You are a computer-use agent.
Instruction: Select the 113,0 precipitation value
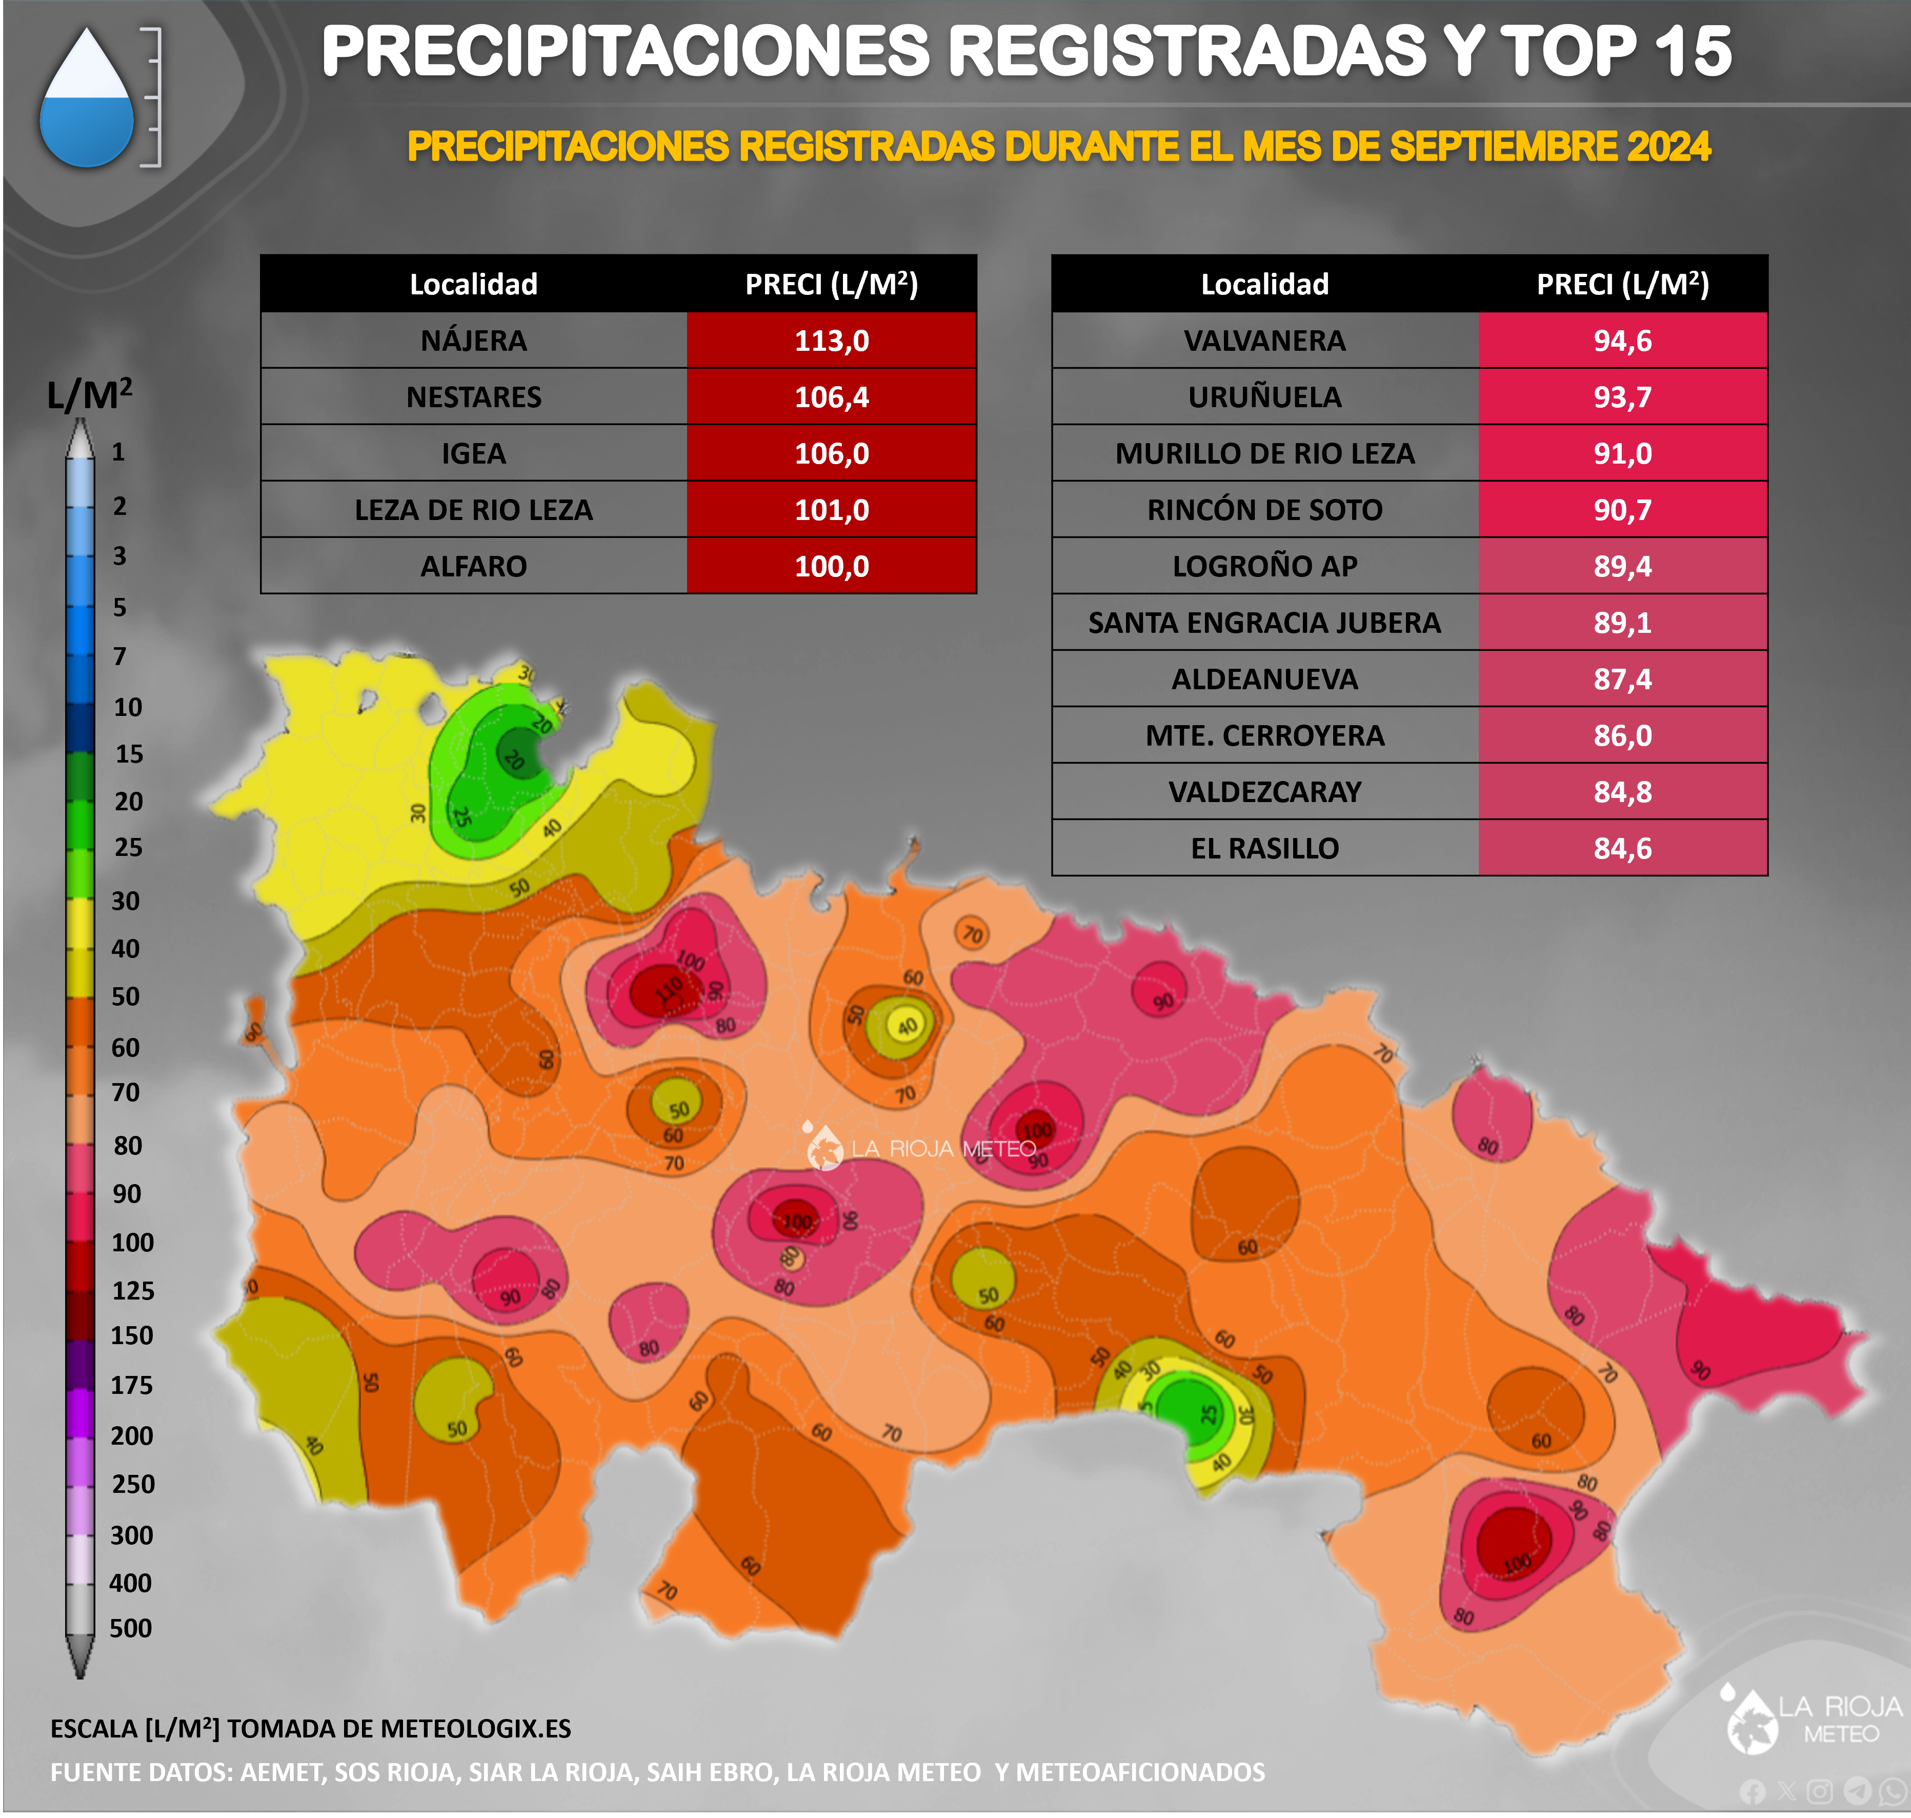pos(832,340)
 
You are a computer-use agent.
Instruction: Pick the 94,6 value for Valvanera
pos(1622,340)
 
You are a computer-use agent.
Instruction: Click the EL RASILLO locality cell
pos(1264,848)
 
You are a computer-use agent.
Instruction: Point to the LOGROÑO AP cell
pos(1264,566)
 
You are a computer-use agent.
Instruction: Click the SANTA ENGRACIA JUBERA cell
pos(1264,622)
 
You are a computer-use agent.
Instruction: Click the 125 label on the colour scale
pos(133,1290)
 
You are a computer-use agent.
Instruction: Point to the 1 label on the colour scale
pos(118,452)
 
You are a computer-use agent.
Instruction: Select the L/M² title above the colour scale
pos(89,393)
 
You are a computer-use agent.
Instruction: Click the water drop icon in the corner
pos(87,99)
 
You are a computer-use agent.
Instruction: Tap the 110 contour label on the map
pos(669,989)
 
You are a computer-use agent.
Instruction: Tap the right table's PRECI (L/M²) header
pos(1622,284)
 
